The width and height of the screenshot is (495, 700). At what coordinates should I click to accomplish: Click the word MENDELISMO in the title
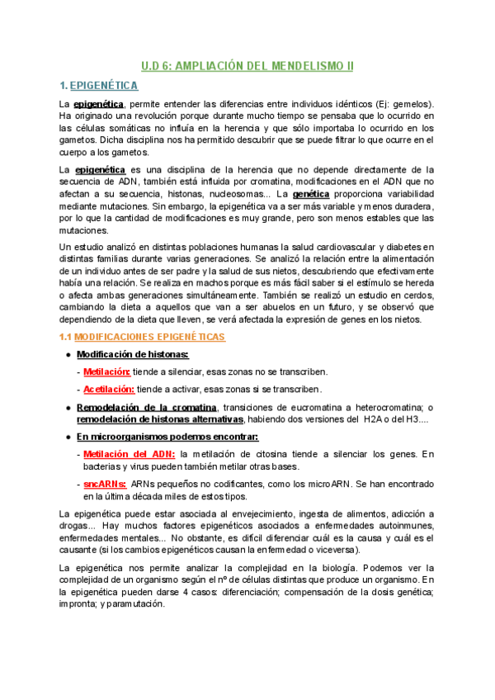pos(291,66)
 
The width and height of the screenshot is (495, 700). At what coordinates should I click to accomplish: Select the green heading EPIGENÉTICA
pos(104,86)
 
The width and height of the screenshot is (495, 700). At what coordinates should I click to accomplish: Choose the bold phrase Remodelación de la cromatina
pos(147,408)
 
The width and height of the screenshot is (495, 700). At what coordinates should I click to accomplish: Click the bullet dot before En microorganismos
pos(67,437)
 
